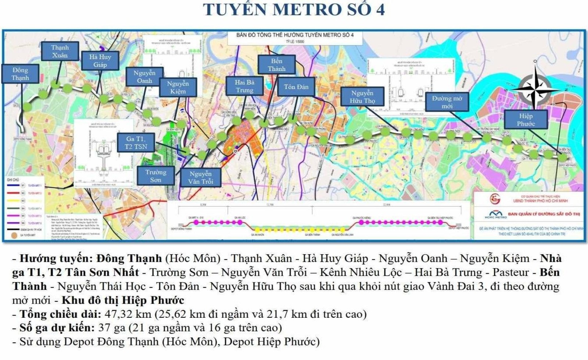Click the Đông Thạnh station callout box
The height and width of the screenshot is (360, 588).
(20, 74)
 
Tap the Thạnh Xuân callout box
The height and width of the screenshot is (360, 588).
(60, 51)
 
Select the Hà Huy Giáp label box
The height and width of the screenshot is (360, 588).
(100, 61)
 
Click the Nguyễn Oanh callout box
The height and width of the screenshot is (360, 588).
(144, 77)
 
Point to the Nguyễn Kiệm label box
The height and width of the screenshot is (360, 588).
(178, 87)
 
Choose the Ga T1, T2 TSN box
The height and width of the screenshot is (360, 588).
(136, 143)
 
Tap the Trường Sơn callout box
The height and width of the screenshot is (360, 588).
(155, 176)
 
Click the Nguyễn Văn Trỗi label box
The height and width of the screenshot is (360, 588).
(201, 177)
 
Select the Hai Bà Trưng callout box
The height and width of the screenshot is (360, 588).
(245, 86)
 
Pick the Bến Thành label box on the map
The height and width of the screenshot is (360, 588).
(276, 65)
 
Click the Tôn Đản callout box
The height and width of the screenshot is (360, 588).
(296, 87)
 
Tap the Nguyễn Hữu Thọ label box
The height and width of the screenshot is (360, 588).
(362, 97)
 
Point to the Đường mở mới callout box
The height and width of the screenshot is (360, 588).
(447, 102)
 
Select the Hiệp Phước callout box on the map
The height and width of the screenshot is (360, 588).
(526, 120)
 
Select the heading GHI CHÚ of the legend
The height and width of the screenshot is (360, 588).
(13, 180)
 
